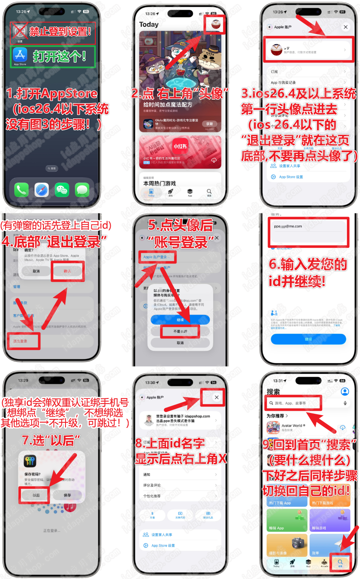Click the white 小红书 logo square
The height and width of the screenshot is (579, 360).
point(180,146)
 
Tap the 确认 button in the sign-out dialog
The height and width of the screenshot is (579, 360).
point(67,271)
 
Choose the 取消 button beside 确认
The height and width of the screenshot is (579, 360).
point(36,271)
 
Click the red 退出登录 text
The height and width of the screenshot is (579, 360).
point(20,341)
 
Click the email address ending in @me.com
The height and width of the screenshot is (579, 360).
point(288,226)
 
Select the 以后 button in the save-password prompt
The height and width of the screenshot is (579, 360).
point(36,495)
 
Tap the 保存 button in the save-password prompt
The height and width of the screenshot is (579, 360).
point(67,495)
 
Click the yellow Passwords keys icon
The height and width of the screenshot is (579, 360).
point(30,461)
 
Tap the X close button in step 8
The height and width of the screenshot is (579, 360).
point(217,397)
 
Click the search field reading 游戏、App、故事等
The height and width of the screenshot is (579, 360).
point(294,403)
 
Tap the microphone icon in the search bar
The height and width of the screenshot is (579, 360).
point(345,403)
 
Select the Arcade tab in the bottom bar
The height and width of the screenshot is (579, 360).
point(324,562)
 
